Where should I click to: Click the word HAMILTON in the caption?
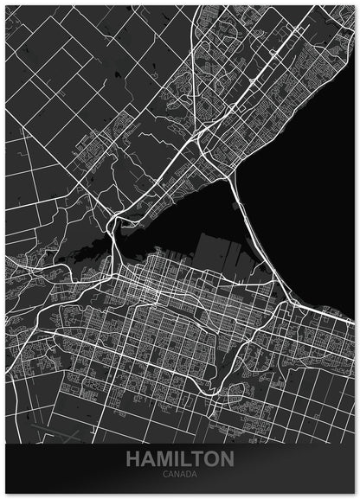(x=180, y=459)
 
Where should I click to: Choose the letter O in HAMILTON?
(x=209, y=459)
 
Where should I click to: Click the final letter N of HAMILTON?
(x=226, y=459)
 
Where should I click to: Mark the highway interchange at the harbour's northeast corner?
(x=232, y=174)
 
